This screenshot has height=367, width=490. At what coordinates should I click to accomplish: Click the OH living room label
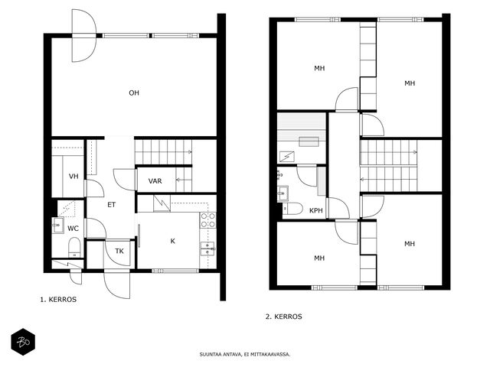coord(134,93)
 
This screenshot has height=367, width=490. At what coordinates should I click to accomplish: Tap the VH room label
coord(73,177)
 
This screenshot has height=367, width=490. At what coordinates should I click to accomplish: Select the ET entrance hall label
coord(111,205)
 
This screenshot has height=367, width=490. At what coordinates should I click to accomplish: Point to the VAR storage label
coord(155,181)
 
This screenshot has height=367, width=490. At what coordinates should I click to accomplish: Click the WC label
coord(73,229)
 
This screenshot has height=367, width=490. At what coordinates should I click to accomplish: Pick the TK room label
coord(119,251)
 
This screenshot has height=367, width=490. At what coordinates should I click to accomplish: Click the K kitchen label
coord(172,242)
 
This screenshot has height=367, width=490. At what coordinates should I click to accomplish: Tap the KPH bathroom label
coord(316,210)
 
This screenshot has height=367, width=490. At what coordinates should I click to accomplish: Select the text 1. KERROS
coord(58,299)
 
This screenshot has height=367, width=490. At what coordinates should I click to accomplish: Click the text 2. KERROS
coord(284,317)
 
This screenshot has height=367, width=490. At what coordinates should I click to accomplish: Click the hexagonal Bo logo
coord(23,342)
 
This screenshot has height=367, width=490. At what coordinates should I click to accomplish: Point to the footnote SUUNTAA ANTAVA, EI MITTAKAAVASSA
coord(245,355)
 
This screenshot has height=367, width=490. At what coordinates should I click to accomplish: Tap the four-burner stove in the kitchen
coord(208,220)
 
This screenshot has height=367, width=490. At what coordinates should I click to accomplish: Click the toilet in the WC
coord(74,247)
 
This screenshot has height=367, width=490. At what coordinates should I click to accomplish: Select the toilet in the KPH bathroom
coord(292,209)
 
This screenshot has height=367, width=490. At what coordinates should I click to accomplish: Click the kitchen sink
coord(207,248)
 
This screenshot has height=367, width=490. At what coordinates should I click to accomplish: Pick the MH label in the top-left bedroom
coord(319,68)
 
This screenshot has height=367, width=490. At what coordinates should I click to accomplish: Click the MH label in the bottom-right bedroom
coord(410,244)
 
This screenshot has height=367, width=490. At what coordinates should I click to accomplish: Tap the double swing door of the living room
coord(83,36)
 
